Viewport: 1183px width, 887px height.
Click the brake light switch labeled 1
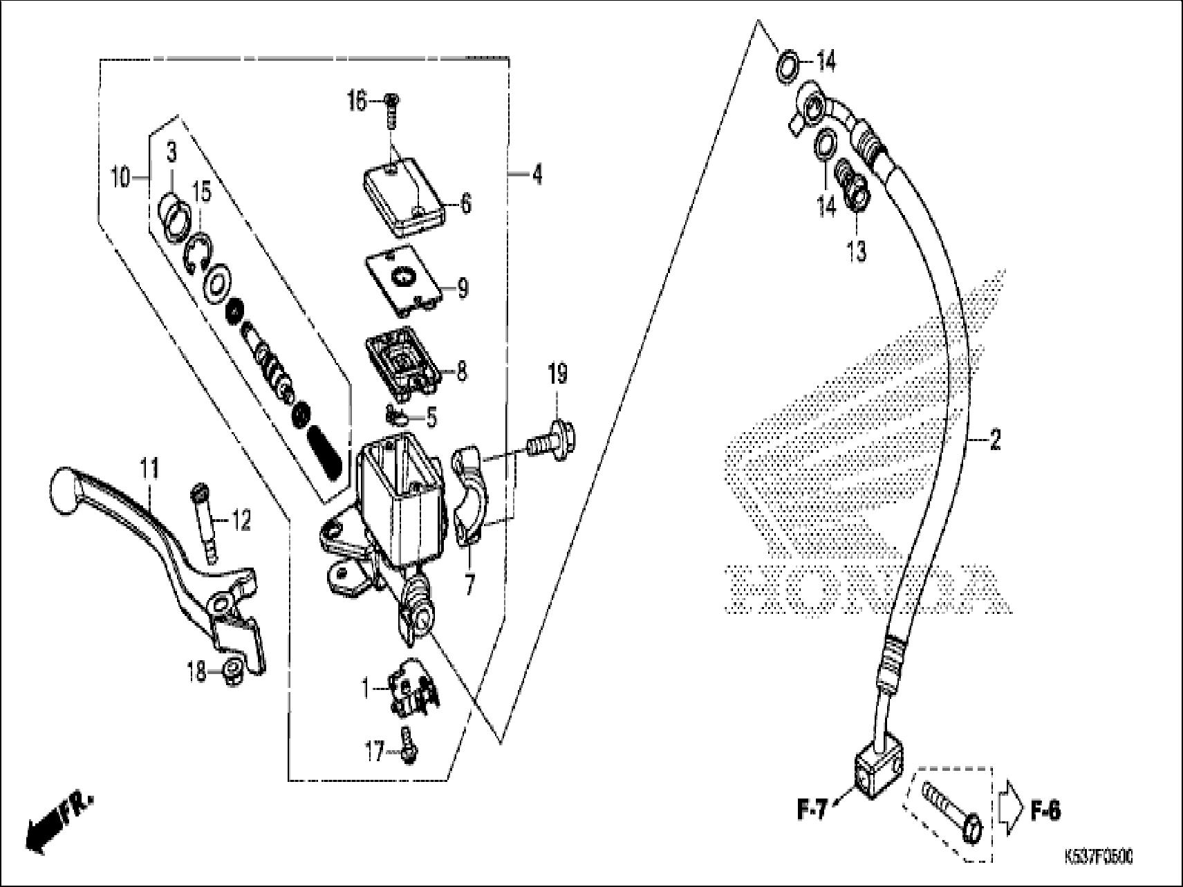pos(411,691)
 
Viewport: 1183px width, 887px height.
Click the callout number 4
pos(537,176)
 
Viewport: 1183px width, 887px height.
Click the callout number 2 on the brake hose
pos(994,440)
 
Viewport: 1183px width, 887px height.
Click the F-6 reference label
pos(1045,811)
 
